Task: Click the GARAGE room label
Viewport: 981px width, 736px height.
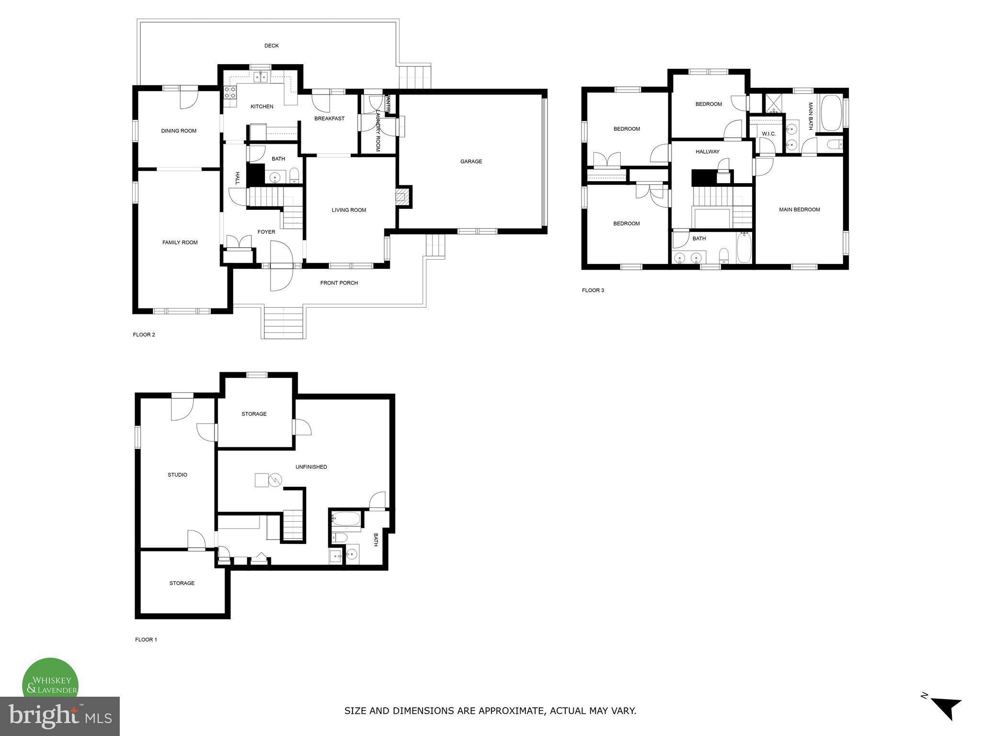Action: coord(471,161)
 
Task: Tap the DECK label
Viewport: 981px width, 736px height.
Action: coord(271,46)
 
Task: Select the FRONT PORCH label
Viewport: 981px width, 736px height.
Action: coord(339,283)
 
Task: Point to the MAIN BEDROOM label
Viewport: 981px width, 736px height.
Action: coord(799,209)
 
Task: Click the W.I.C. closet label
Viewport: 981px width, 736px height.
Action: coord(768,134)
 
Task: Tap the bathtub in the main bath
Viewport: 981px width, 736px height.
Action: coord(831,113)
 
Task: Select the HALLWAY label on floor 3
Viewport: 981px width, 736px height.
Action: coord(707,151)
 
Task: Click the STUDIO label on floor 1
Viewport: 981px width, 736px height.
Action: coord(177,475)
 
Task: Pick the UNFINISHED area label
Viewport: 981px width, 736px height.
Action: coord(311,467)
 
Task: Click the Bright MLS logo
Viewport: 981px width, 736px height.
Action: coord(60,716)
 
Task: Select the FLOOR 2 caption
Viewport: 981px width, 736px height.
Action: coord(144,334)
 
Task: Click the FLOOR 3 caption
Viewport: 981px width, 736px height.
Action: coord(593,290)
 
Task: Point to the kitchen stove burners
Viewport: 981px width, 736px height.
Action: coord(230,92)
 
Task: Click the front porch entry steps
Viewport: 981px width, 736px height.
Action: coord(284,323)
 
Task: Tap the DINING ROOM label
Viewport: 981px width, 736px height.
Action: coord(179,131)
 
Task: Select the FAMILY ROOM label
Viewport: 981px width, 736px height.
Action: coord(180,242)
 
